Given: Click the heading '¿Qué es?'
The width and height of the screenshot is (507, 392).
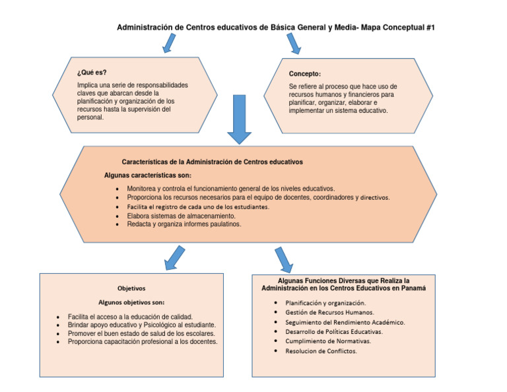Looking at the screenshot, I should click(x=92, y=73).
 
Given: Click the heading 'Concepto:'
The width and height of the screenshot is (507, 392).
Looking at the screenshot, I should click(x=305, y=73).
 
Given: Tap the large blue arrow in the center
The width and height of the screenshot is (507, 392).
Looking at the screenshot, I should click(x=239, y=119).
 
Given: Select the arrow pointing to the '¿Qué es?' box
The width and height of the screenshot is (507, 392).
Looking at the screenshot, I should click(x=169, y=44).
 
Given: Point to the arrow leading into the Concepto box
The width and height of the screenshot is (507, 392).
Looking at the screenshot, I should click(x=294, y=44).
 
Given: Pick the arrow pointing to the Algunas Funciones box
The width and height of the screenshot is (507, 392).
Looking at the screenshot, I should click(x=284, y=259).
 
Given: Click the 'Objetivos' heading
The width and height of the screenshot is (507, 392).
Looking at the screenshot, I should click(x=131, y=288).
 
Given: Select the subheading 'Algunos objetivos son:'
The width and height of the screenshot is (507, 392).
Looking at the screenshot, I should click(x=131, y=302).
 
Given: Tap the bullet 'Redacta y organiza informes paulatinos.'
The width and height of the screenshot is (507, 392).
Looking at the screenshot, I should click(x=184, y=224).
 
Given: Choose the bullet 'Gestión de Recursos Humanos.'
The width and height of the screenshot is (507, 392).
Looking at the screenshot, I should click(x=329, y=312).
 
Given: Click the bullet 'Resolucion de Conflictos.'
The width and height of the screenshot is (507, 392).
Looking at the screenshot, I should click(x=321, y=352).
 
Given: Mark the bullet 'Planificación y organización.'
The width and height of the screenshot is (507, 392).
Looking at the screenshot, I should click(x=325, y=302).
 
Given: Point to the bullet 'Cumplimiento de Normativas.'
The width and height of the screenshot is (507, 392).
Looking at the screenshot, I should click(x=328, y=342).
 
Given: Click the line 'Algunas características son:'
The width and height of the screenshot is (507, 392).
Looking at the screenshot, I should click(x=148, y=176).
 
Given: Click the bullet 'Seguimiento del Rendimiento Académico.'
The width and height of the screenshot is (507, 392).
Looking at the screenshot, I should click(x=345, y=322).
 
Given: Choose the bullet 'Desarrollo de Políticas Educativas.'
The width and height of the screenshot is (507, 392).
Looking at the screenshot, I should click(x=334, y=332).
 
